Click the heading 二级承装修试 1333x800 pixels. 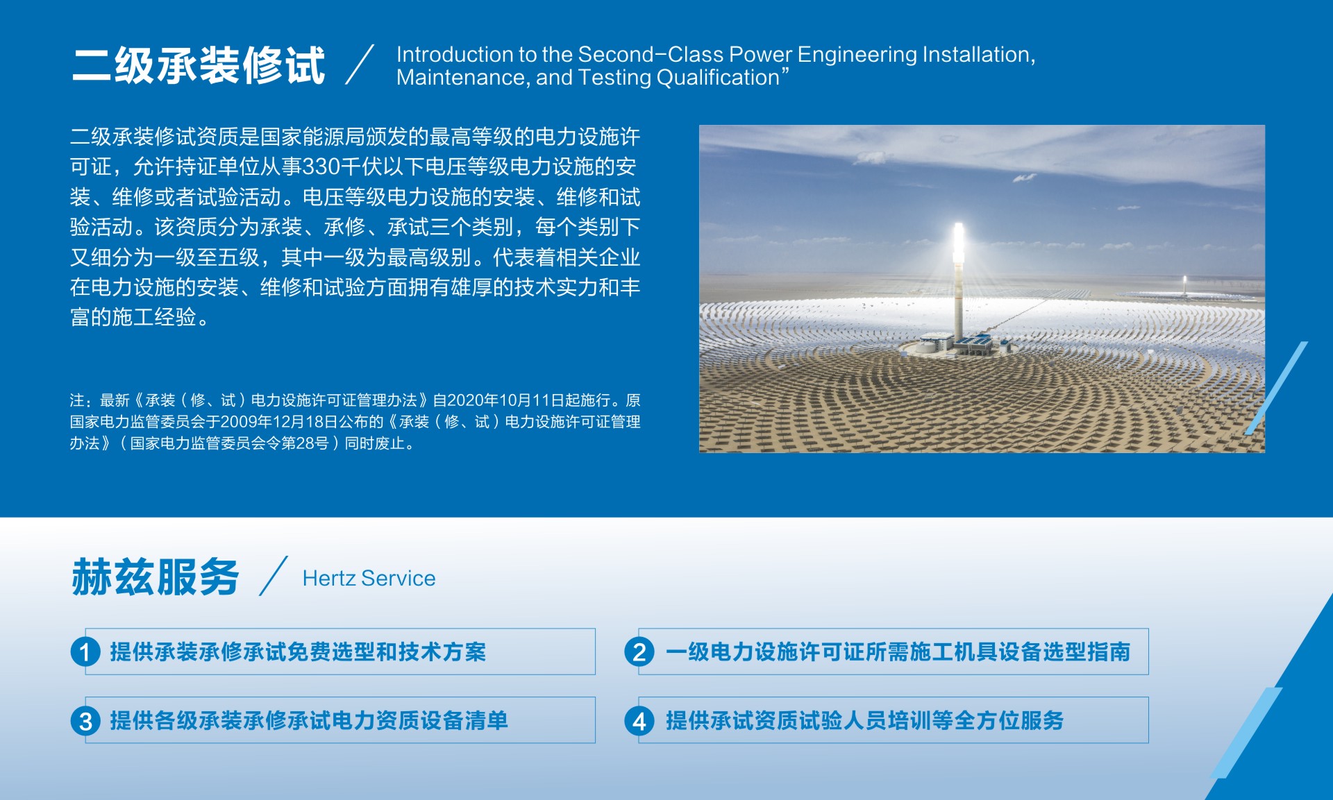coord(199,66)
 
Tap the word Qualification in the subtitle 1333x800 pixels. coord(718,78)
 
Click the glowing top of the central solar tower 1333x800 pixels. coord(959,239)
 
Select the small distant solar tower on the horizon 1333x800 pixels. coord(1184,282)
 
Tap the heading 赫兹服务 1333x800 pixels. coord(156,577)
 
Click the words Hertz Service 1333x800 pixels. coord(369,578)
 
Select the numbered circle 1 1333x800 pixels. coord(85,652)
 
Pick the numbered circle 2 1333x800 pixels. coord(639,652)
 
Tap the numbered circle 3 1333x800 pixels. coord(85,721)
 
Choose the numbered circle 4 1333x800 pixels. coord(639,721)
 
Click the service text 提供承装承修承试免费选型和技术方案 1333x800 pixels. coord(298,652)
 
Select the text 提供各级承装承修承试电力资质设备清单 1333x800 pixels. coord(309,721)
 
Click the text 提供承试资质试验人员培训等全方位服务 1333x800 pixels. coord(864,721)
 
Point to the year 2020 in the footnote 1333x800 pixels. coord(464,400)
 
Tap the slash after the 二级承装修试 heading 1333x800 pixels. coord(360,65)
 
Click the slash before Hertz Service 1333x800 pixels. coord(273,576)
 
